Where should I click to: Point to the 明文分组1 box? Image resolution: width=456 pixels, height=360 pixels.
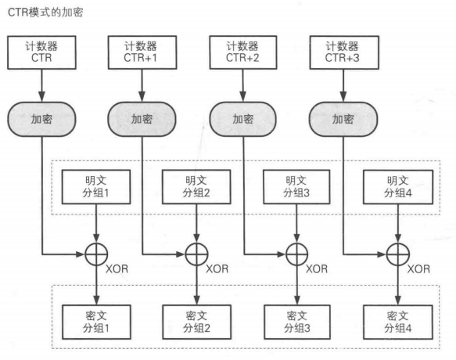pyautogui.click(x=93, y=188)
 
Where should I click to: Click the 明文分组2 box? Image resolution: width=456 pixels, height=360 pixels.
pyautogui.click(x=194, y=188)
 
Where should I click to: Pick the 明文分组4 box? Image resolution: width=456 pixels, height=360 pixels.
pyautogui.click(x=397, y=188)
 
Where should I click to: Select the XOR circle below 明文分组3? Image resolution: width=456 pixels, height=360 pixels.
pyautogui.click(x=295, y=254)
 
